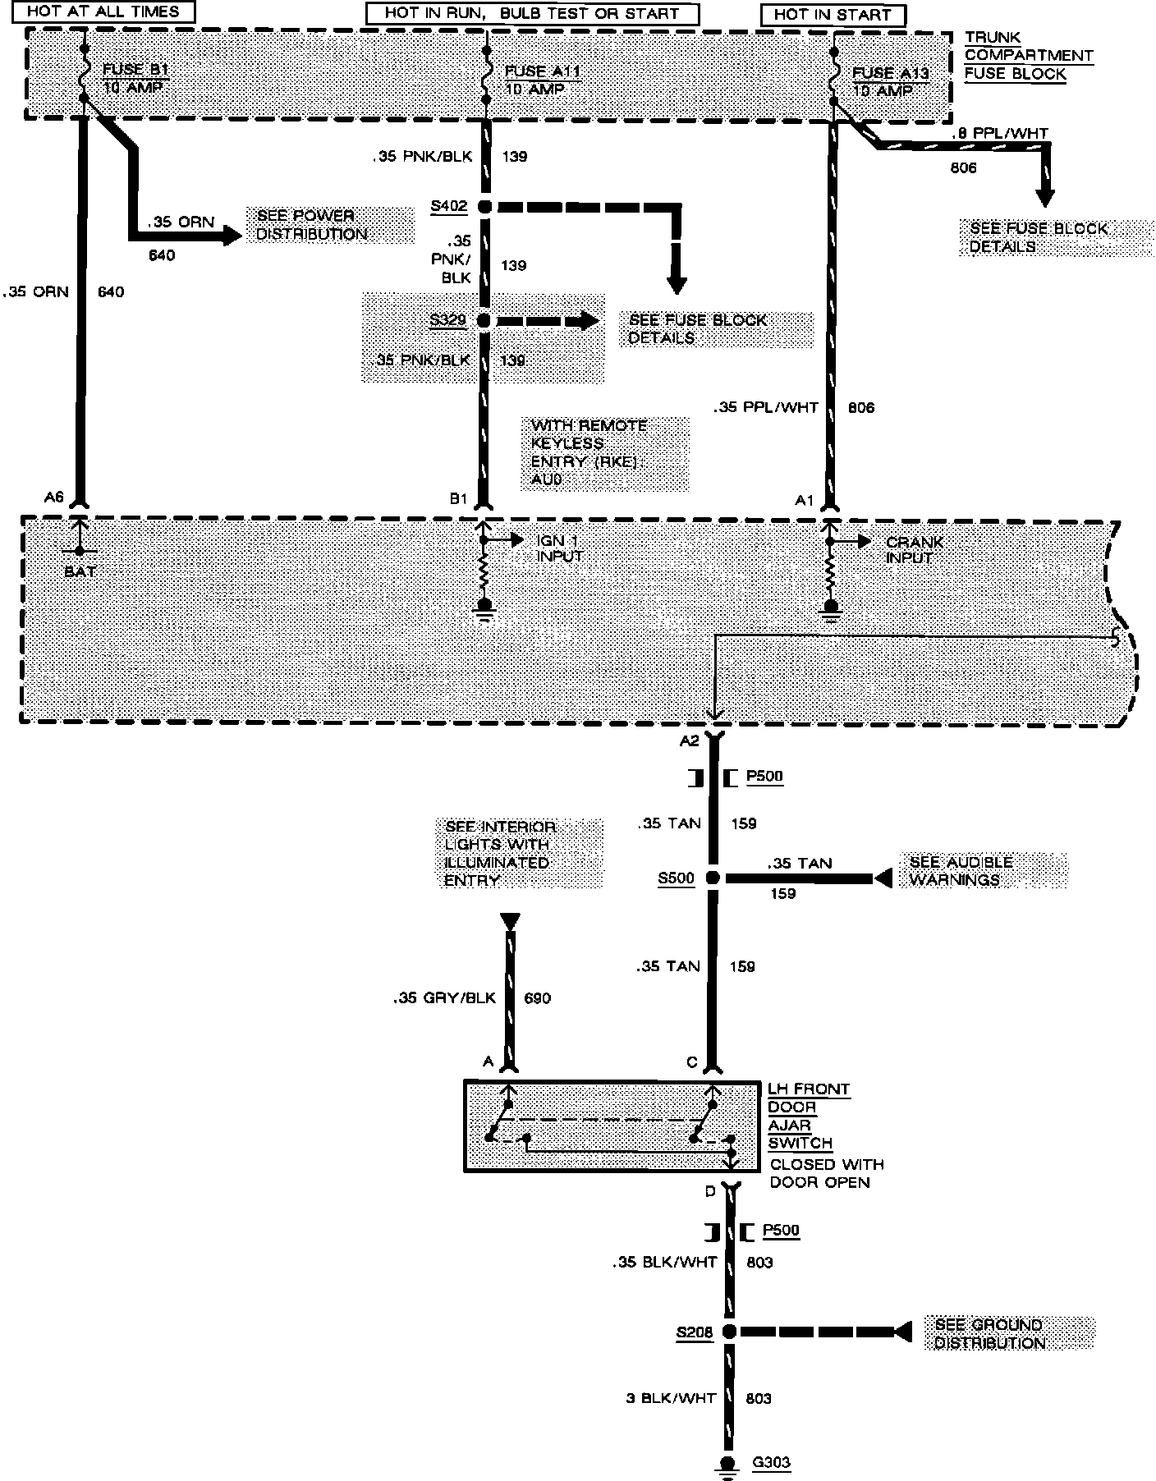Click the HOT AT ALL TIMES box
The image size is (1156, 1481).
tap(103, 12)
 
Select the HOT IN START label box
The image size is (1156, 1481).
tap(833, 15)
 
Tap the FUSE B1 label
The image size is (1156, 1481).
tap(135, 71)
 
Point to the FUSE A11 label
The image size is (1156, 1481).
tap(543, 71)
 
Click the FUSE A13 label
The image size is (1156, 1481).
tap(891, 73)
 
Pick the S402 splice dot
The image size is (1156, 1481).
tap(484, 207)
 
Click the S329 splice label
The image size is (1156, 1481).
tap(448, 319)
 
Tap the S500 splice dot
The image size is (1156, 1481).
tap(713, 878)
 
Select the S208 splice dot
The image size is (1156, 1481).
tap(728, 1332)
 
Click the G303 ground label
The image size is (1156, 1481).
tap(771, 1462)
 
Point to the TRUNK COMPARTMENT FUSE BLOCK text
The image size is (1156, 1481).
tap(1028, 55)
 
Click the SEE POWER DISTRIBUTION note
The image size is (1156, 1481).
tap(312, 225)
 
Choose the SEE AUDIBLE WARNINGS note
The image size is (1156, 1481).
tap(961, 870)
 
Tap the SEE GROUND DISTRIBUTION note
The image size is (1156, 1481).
tap(989, 1333)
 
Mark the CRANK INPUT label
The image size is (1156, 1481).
tap(914, 550)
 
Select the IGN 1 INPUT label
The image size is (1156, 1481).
tap(560, 548)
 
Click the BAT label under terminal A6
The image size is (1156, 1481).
tap(80, 571)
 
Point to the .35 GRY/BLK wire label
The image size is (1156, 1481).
tap(444, 997)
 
